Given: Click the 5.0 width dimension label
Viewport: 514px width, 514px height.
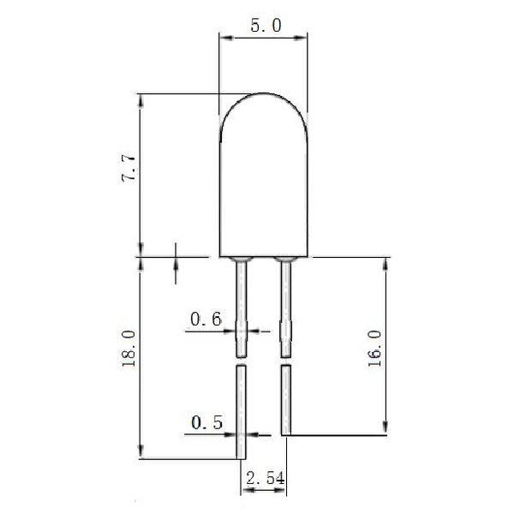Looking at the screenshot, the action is point(266,26).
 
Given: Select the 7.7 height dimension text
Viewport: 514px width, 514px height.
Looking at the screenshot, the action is point(128,168).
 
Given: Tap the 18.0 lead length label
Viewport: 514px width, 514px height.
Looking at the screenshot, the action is point(128,349).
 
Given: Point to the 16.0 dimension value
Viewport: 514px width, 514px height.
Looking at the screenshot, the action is point(374,349).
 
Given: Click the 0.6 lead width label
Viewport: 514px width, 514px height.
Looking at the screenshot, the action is point(206,319).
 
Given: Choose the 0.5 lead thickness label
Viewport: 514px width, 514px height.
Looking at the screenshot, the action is point(206,422).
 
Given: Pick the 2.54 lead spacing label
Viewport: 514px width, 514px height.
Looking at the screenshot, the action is point(266,478).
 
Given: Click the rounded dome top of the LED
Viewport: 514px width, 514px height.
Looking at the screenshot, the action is point(264,94).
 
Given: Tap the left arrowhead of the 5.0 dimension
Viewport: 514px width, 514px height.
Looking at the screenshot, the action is point(226,38).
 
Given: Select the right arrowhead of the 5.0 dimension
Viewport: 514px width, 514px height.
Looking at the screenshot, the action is point(301,38).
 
